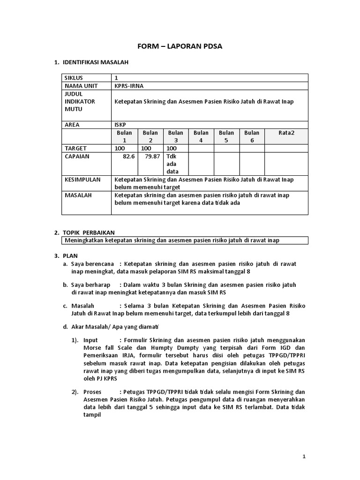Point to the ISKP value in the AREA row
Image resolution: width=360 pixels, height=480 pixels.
pos(120,125)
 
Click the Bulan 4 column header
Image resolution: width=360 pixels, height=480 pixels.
pos(201,136)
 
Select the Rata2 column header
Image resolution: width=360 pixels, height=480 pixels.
pos(286,133)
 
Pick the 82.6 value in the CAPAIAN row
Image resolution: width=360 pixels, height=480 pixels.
pos(128,156)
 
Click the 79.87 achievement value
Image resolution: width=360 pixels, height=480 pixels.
pos(153,156)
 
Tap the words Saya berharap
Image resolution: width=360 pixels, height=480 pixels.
pos(93,285)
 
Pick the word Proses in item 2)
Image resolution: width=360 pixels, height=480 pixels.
pos(93,391)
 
